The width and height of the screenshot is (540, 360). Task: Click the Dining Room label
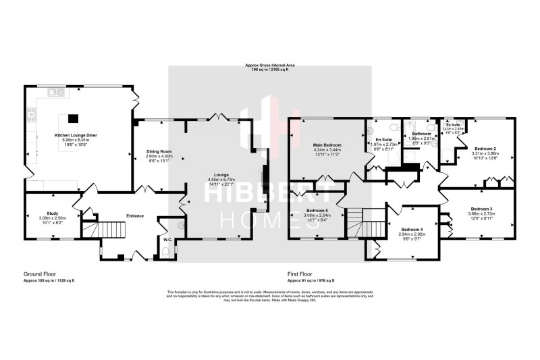[160, 151]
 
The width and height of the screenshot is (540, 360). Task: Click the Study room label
[52, 213]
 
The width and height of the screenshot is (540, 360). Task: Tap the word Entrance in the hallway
[135, 215]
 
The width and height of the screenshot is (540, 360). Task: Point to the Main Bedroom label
[327, 145]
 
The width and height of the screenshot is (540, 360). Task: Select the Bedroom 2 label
[485, 148]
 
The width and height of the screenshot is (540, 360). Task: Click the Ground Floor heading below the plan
[38, 275]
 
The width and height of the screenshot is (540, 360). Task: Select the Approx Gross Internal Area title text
[269, 66]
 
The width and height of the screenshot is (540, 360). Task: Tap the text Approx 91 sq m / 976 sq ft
[310, 280]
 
